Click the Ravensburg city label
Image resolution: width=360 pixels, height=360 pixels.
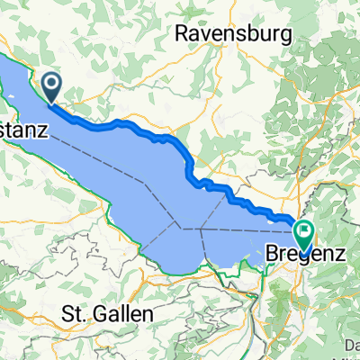pos(235,34)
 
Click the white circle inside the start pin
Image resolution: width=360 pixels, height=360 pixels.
pos(51,85)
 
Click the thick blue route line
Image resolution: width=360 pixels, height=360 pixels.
pos(135,125)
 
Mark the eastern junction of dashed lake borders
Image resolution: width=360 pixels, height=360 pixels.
pos(202,229)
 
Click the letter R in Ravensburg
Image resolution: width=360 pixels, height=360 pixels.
pos(181,34)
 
